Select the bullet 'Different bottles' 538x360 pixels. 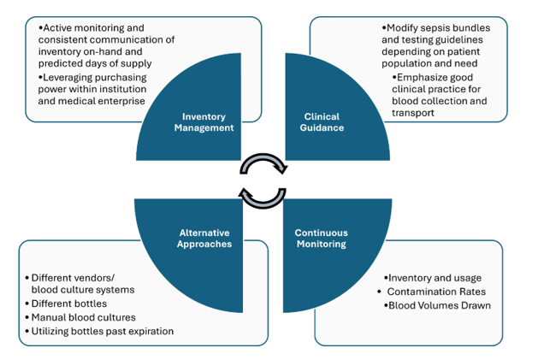pos(73,304)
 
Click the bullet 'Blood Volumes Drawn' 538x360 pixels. pos(440,305)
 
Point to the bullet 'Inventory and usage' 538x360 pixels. pos(435,278)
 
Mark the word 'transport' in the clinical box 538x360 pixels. pos(410,113)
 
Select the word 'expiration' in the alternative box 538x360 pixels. pos(146,331)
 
